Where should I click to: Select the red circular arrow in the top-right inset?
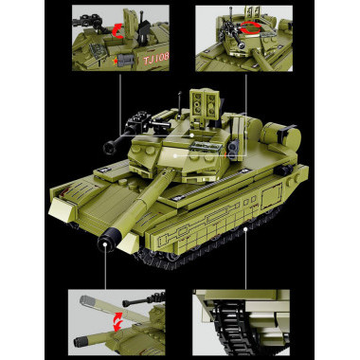tap(248, 29)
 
